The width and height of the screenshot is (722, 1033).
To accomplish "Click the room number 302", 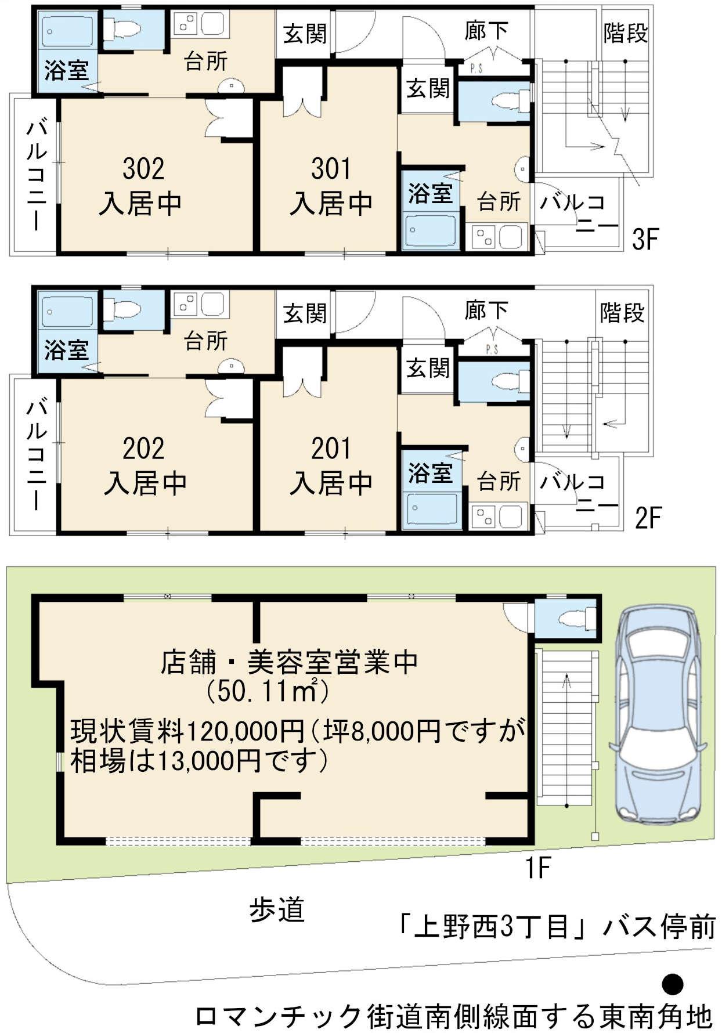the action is pyautogui.click(x=143, y=168).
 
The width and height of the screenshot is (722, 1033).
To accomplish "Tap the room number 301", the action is pyautogui.click(x=331, y=168).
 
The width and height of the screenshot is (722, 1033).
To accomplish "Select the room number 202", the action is pyautogui.click(x=143, y=448).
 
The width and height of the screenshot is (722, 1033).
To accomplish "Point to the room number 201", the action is pyautogui.click(x=331, y=448).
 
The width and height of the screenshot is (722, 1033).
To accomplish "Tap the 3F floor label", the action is pyautogui.click(x=645, y=239).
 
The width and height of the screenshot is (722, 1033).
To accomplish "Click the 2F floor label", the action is pyautogui.click(x=648, y=518).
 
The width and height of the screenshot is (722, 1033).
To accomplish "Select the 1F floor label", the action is pyautogui.click(x=537, y=868).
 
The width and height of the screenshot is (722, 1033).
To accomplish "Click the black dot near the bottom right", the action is pyautogui.click(x=673, y=984).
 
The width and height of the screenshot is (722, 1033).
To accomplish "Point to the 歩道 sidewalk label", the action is pyautogui.click(x=277, y=910).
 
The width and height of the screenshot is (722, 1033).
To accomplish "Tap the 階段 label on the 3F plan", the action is pyautogui.click(x=625, y=33).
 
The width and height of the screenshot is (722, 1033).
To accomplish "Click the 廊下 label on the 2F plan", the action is pyautogui.click(x=486, y=311).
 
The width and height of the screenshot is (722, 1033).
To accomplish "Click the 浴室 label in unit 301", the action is pyautogui.click(x=430, y=193).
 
